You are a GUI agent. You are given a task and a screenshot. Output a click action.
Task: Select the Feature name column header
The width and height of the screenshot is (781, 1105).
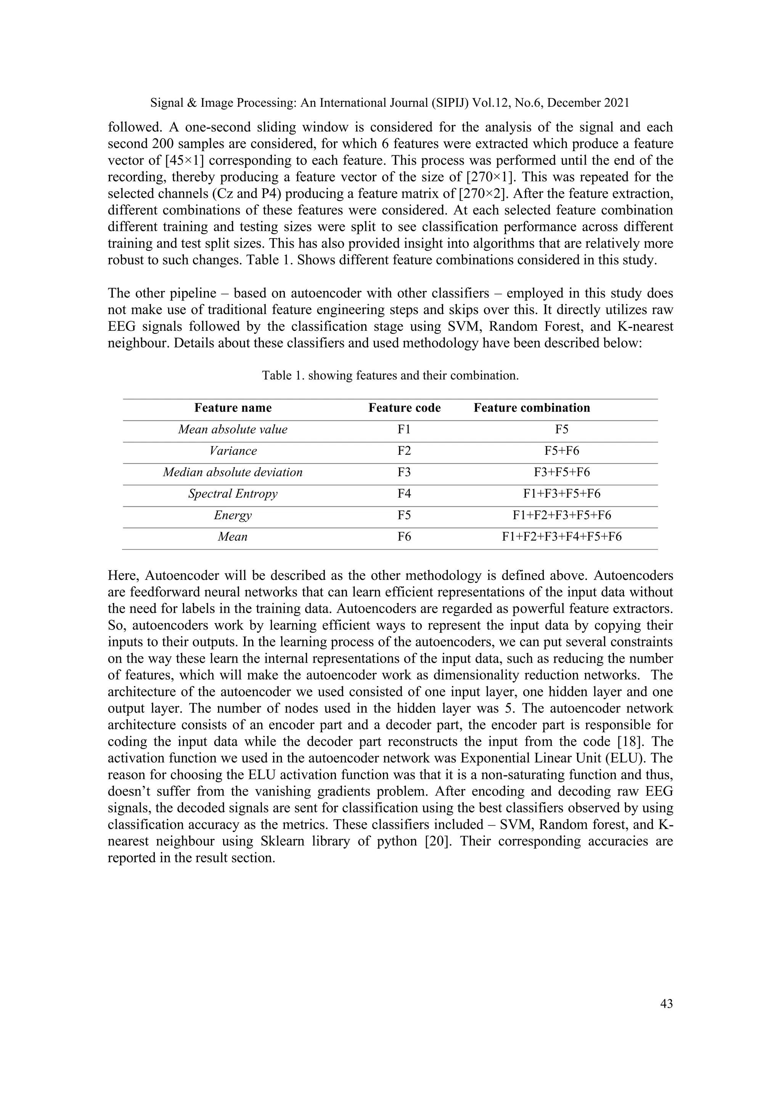point(233,408)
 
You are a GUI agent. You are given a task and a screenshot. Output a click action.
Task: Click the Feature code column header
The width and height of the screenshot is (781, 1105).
point(405,408)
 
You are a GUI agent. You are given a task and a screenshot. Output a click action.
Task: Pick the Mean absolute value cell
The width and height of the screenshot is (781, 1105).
point(233,429)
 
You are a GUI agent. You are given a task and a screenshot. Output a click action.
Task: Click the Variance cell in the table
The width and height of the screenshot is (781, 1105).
point(233,451)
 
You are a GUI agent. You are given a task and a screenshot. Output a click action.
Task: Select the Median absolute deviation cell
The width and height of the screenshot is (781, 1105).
point(233,472)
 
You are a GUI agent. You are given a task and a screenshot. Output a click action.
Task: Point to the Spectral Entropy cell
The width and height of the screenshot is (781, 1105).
point(233,494)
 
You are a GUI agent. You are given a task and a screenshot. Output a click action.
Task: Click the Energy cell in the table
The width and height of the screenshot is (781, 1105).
point(233,515)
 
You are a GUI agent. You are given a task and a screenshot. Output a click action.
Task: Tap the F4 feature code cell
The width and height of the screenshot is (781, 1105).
point(405,494)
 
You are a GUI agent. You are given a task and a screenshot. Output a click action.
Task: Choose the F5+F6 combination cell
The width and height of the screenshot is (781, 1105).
point(562,451)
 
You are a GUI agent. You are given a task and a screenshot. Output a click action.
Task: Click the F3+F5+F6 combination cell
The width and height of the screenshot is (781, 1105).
point(562,472)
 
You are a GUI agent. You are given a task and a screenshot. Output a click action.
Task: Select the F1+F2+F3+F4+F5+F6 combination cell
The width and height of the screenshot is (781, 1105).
point(562,536)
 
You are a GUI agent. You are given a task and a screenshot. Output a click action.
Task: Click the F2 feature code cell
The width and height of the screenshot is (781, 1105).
point(405,451)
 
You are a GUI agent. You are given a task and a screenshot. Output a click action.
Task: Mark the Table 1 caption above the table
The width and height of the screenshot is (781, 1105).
point(390,375)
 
